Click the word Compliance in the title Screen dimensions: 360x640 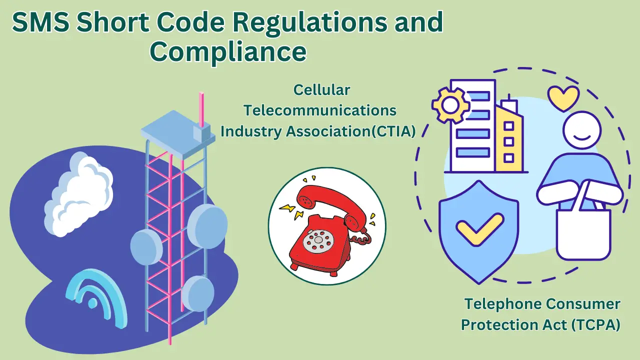(228, 51)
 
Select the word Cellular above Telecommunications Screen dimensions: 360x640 (321, 90)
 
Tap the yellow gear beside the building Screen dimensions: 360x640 (450, 105)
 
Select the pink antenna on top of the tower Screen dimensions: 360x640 (201, 107)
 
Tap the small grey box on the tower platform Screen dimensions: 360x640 (201, 133)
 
